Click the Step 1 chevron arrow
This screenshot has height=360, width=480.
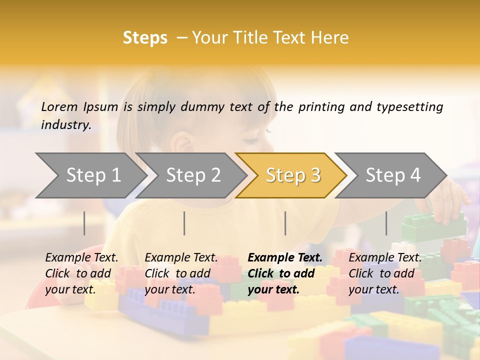(90, 175)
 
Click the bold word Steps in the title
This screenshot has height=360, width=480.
(145, 38)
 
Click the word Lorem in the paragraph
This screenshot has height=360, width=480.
(59, 107)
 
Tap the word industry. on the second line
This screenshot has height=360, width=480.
(66, 125)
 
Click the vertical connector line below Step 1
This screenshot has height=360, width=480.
(84, 223)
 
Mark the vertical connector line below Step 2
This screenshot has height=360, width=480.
(184, 223)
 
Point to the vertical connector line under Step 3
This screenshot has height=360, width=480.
(285, 223)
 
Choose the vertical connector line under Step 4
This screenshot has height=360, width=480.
(386, 223)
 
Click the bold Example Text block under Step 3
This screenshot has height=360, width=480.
(284, 273)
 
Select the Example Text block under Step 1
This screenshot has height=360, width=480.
(81, 273)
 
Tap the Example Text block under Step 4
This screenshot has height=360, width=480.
(384, 273)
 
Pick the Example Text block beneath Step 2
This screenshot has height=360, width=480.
(181, 273)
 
